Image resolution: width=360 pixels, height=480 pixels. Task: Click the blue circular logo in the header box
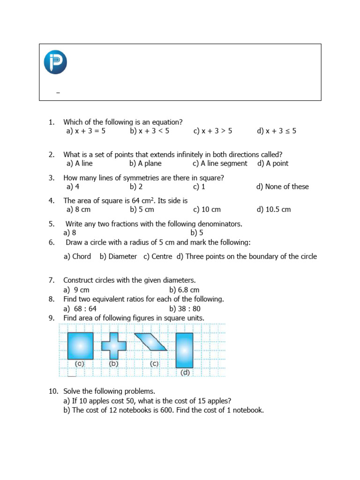[x=55, y=62]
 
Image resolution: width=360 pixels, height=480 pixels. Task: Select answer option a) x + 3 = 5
[x=86, y=131]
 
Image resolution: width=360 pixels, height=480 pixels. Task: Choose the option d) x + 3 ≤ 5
[x=276, y=131]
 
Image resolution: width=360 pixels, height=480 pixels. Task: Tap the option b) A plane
[x=145, y=164]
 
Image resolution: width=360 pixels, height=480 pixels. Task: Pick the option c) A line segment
[x=219, y=164]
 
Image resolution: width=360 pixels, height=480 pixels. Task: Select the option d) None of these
[x=282, y=187]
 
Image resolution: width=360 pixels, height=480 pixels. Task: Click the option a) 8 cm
[x=78, y=210]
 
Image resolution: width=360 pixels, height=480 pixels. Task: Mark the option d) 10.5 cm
[x=273, y=210]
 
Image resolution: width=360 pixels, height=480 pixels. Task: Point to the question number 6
[x=52, y=242]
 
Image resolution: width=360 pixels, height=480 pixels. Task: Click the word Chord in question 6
[x=82, y=256]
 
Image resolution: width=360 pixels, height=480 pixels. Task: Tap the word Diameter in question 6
[x=122, y=256]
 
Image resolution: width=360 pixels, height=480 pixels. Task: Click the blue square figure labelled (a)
[x=80, y=346]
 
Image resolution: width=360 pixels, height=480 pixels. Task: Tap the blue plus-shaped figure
[x=114, y=346]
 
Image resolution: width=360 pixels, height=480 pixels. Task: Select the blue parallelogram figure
[x=150, y=342]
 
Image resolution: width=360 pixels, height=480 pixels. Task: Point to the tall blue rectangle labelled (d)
[x=184, y=350]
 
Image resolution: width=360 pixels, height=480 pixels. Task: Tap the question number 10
[x=53, y=391]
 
